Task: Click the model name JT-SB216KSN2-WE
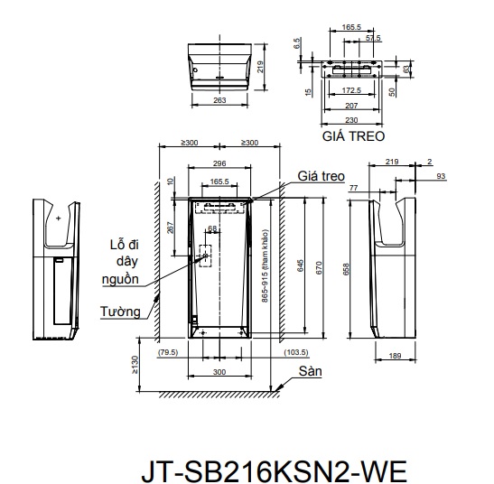pos(274,471)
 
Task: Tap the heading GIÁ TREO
pos(353,136)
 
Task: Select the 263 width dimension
pos(219,100)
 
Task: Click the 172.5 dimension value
pos(351,90)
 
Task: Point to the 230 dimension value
pos(351,120)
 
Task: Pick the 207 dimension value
pos(351,106)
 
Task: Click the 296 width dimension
pos(219,163)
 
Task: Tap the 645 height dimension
pos(301,265)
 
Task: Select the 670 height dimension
pos(319,268)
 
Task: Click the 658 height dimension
pos(346,269)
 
